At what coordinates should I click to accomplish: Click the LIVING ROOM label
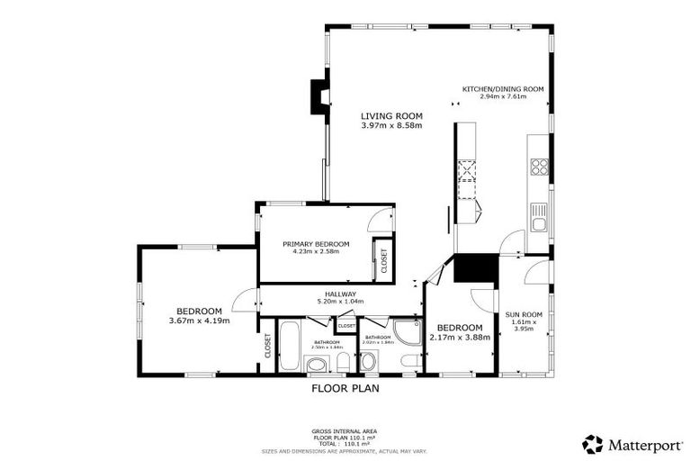pyautogui.click(x=390, y=116)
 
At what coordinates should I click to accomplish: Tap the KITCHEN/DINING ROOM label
pyautogui.click(x=504, y=89)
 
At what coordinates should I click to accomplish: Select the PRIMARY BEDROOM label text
pyautogui.click(x=315, y=244)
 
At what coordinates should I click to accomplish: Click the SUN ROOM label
pyautogui.click(x=523, y=314)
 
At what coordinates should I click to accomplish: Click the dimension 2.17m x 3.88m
pyautogui.click(x=459, y=337)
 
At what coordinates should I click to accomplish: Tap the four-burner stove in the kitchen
pyautogui.click(x=539, y=167)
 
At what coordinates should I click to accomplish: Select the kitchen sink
pyautogui.click(x=538, y=215)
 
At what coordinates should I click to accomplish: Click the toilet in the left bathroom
pyautogui.click(x=344, y=363)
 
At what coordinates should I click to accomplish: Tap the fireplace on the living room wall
pyautogui.click(x=319, y=96)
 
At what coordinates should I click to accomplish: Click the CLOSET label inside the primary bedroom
pyautogui.click(x=384, y=261)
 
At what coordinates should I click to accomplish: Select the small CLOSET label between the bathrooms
pyautogui.click(x=346, y=325)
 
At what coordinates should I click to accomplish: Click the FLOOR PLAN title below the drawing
pyautogui.click(x=345, y=389)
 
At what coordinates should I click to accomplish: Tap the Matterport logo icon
pyautogui.click(x=593, y=443)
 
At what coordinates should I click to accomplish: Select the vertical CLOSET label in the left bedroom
pyautogui.click(x=268, y=346)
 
